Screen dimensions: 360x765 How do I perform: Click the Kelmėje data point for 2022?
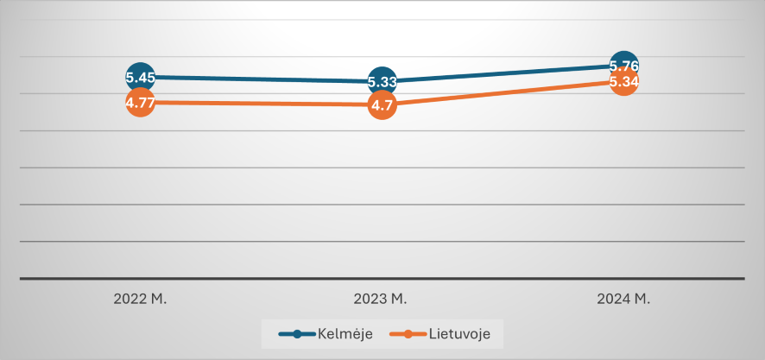coord(140,77)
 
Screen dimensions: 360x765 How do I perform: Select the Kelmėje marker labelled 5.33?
coord(382,82)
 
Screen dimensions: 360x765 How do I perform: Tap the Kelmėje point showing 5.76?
coord(623,65)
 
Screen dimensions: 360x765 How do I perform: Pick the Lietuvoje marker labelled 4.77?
coord(140,103)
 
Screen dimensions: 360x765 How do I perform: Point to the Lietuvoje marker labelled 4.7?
coord(382,106)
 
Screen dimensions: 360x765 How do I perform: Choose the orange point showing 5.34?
coord(623,82)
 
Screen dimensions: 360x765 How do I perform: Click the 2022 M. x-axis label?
coord(140,300)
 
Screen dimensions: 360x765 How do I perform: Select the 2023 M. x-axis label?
coord(381,300)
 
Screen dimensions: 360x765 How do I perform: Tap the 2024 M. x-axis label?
coord(623,300)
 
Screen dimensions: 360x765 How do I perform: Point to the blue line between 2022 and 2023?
coord(259,79)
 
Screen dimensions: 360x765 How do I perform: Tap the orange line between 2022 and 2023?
coord(259,104)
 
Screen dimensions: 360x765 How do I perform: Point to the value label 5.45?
coord(140,77)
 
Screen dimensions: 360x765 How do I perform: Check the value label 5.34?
coord(623,82)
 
